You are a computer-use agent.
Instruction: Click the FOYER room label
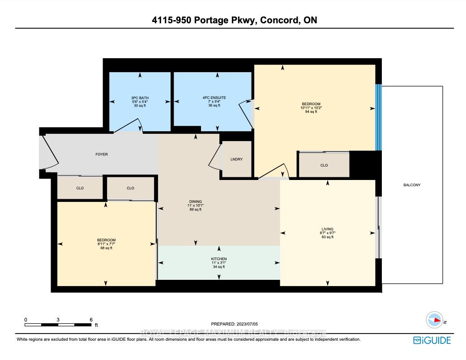[102, 154]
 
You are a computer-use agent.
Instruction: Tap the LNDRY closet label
[236, 159]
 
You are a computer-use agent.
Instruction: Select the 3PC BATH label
[140, 98]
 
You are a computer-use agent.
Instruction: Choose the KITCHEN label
[219, 259]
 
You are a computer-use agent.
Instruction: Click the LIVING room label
[327, 229]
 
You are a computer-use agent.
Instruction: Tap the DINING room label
[195, 201]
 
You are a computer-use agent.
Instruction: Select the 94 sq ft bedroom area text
[311, 112]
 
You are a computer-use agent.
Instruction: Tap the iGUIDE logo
[432, 340]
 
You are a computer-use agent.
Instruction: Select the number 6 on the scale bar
[91, 320]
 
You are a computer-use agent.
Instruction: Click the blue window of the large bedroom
[378, 117]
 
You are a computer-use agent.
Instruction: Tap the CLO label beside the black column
[324, 165]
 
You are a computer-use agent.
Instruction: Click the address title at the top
[233, 20]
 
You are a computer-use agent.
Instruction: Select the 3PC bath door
[128, 128]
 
